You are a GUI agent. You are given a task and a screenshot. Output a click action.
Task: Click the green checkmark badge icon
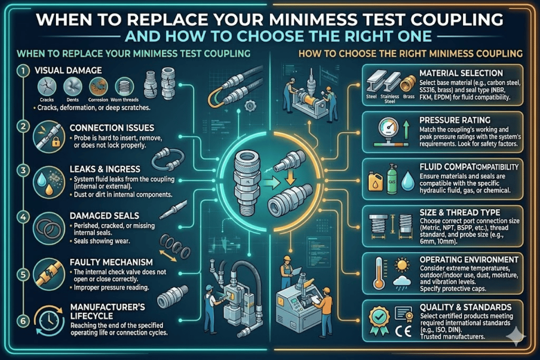(x=378, y=317)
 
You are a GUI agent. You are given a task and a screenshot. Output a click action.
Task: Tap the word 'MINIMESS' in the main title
(x=298, y=19)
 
